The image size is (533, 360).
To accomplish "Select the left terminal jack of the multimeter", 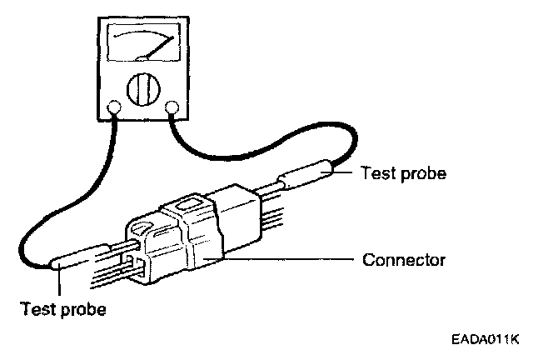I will click(115, 107).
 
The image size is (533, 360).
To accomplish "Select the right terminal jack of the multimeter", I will click(174, 107).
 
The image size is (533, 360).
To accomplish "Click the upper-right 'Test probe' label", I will click(404, 174).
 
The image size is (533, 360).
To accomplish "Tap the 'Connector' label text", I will click(404, 260).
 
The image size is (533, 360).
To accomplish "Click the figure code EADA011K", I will click(486, 339).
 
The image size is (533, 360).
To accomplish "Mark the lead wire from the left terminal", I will click(50, 208).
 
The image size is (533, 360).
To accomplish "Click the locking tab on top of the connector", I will click(187, 205).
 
